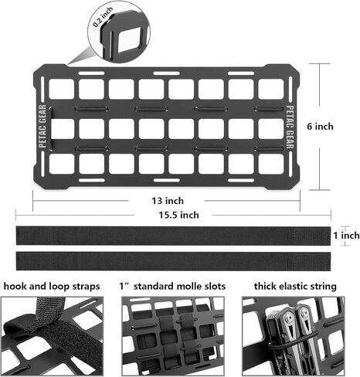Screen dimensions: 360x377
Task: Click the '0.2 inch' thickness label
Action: (x=103, y=16)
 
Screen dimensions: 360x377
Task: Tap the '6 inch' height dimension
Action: (x=320, y=127)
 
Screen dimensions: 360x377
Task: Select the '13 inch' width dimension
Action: (x=168, y=201)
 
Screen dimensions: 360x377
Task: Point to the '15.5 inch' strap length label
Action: (x=178, y=215)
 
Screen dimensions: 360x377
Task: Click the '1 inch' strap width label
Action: (x=346, y=235)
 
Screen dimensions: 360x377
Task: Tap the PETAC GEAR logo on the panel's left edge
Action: (x=42, y=126)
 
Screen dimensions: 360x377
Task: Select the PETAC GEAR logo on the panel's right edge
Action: (x=290, y=127)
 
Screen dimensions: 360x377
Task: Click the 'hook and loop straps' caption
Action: (x=52, y=286)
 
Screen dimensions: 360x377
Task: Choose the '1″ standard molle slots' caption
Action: (x=172, y=286)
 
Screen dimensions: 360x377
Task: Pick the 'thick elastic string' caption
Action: (x=295, y=286)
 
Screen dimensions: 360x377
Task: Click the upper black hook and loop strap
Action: (x=173, y=236)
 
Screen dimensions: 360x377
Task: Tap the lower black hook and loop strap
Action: (x=173, y=261)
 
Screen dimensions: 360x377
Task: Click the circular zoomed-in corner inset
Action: (x=119, y=31)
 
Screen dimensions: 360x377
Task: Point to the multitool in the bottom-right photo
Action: (x=292, y=338)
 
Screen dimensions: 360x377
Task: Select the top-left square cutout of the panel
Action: (x=61, y=89)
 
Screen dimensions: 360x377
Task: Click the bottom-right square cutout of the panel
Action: (x=271, y=164)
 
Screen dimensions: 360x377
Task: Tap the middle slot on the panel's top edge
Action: (x=166, y=73)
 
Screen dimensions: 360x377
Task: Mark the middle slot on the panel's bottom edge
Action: (x=166, y=180)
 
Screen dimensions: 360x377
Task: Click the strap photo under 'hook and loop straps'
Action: (x=53, y=336)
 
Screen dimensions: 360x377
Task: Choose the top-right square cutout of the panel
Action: (x=271, y=89)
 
